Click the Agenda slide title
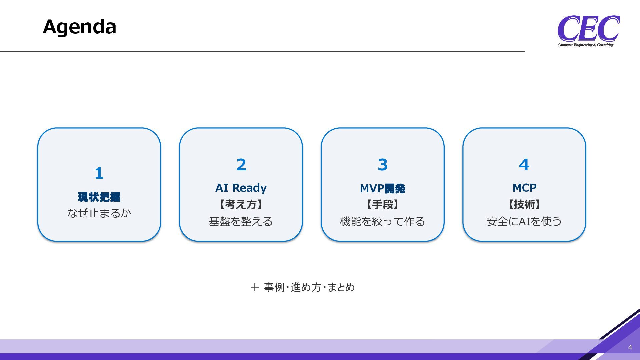[79, 27]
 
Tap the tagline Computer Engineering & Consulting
[585, 45]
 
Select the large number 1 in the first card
[99, 173]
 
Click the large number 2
[241, 164]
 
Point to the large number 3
[383, 164]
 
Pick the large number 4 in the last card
[524, 164]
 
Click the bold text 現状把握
[99, 197]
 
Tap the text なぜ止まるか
[99, 213]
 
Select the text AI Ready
[241, 188]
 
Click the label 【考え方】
[241, 204]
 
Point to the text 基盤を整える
[241, 221]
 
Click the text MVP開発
[383, 188]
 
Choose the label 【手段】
[383, 204]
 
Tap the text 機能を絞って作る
[383, 221]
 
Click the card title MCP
[524, 188]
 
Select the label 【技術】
[524, 204]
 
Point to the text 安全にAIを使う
[524, 221]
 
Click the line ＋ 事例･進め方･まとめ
[303, 287]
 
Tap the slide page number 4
[630, 347]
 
